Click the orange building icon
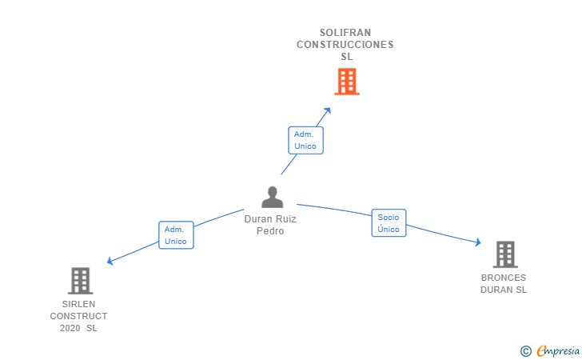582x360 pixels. tap(347, 82)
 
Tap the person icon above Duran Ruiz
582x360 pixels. tap(272, 197)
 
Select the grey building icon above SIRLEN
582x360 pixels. tap(80, 281)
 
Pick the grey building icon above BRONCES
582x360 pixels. tap(505, 254)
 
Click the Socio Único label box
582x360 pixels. tap(389, 223)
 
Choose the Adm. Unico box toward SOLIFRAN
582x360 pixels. tap(305, 140)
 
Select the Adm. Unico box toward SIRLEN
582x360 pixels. tap(176, 235)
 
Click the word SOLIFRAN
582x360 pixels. tap(345, 33)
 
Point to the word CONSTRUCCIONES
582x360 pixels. tap(345, 45)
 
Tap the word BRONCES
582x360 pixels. tap(504, 278)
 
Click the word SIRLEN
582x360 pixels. tap(78, 304)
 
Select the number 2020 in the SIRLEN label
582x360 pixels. tap(70, 329)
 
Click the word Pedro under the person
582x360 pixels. tap(270, 231)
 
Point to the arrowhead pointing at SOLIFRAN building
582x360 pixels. tap(328, 110)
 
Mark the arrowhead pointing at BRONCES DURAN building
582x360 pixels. tap(478, 242)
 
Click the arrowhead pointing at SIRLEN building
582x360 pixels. tap(110, 261)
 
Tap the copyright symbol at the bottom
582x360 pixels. tap(526, 351)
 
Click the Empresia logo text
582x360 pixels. tap(558, 351)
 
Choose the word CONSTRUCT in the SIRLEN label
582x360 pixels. tap(78, 316)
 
